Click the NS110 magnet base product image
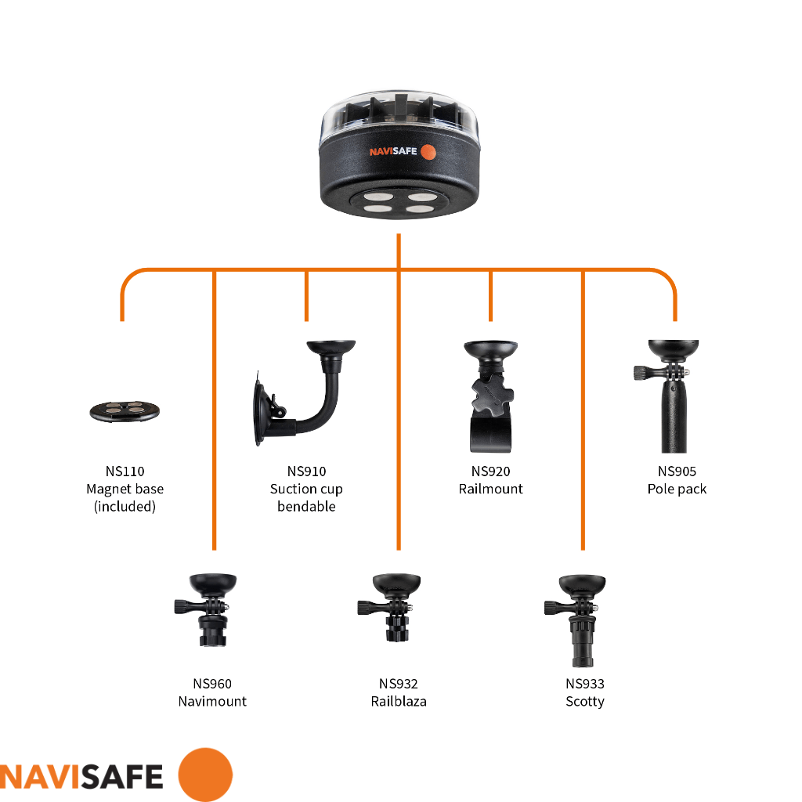125,411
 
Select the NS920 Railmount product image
490,396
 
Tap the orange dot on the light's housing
428,152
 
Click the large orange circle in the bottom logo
205,775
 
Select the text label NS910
306,471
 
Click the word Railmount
490,489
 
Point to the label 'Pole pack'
677,489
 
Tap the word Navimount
212,701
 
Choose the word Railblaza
399,701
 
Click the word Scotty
584,702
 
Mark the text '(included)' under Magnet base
125,507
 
